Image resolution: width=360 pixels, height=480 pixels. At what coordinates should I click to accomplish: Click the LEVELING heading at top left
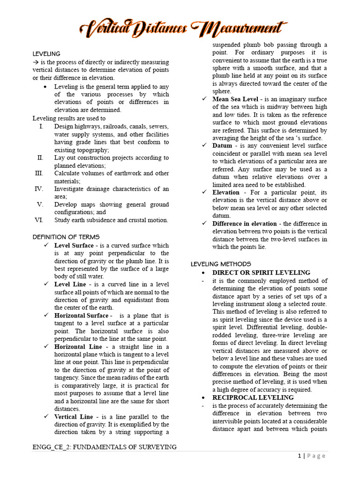point(46,54)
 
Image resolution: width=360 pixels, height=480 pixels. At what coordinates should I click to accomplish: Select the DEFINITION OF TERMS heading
point(66,237)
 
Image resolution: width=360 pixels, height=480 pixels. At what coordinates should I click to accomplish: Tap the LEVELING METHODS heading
point(221,264)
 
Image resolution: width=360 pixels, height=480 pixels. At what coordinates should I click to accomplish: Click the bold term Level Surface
point(74,245)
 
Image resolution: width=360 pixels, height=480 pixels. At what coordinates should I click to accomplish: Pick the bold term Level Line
point(70,284)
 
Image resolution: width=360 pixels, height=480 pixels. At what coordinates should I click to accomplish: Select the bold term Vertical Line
point(74,416)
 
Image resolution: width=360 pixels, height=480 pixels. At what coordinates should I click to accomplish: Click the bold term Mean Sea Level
point(235,99)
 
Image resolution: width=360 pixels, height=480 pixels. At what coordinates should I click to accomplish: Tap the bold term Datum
point(222,146)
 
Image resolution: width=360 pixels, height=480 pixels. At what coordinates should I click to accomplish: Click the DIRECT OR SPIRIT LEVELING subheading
point(261,272)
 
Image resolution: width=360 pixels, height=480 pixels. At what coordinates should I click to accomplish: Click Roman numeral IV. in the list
point(39,189)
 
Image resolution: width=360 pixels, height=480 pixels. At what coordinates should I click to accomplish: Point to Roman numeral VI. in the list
point(39,220)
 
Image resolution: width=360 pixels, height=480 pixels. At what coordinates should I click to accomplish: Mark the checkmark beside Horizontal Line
point(45,346)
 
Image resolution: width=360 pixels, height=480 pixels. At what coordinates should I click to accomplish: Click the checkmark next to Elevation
point(204,192)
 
